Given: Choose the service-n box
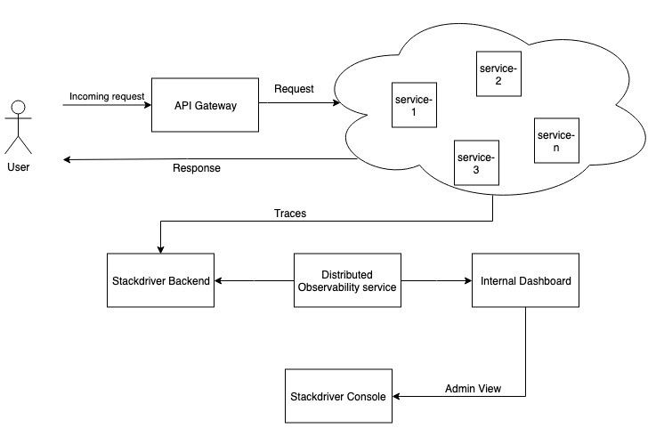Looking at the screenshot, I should pyautogui.click(x=556, y=141).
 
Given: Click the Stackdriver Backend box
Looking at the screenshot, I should pyautogui.click(x=161, y=281).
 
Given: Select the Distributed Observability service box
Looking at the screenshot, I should pyautogui.click(x=347, y=281).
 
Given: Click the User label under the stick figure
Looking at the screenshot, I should pyautogui.click(x=17, y=166).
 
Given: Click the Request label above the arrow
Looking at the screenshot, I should pyautogui.click(x=293, y=89).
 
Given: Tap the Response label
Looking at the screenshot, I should pyautogui.click(x=196, y=167).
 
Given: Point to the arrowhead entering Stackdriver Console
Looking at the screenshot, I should pyautogui.click(x=397, y=396).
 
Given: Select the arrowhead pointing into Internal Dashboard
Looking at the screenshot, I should pyautogui.click(x=466, y=281).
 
